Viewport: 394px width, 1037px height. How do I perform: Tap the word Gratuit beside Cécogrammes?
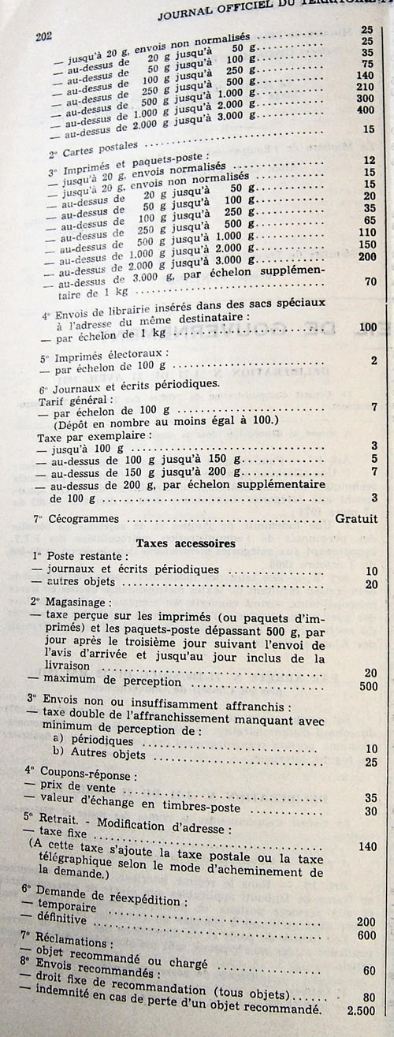tap(356, 519)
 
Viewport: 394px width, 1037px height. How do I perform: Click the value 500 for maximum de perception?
tap(367, 685)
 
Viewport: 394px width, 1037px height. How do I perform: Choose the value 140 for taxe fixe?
tap(367, 846)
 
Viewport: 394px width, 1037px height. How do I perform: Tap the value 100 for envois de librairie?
tap(367, 326)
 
